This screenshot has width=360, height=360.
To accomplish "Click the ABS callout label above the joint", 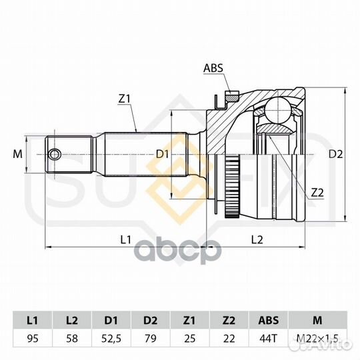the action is tap(213, 68).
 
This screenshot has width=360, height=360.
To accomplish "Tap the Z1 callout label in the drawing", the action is tap(125, 99).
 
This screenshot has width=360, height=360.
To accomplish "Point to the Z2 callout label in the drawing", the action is tap(317, 193).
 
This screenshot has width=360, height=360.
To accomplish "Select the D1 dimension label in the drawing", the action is tap(162, 154).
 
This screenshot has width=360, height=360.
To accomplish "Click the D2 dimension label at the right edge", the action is tap(335, 154).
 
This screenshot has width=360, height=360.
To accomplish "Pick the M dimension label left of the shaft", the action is tap(18, 154).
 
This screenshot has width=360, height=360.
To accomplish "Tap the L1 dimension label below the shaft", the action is tap(126, 240).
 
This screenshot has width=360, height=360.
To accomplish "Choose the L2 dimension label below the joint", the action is tap(257, 240).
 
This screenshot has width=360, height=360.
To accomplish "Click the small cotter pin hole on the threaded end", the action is tap(55, 154).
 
